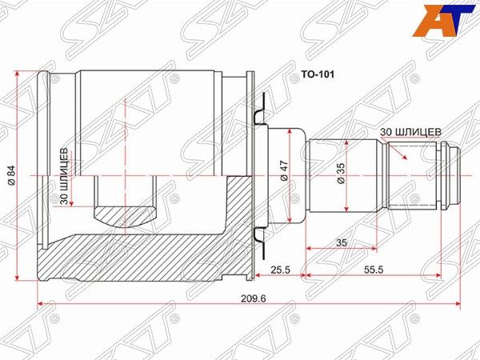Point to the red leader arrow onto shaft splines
399,150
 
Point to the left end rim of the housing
45,175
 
